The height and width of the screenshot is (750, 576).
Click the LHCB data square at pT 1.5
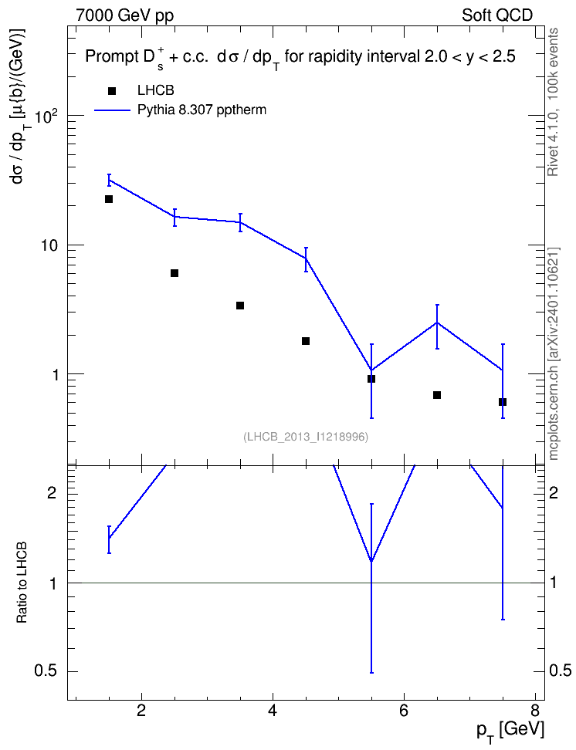[x=109, y=199]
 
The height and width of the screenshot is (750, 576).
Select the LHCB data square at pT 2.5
[x=174, y=273]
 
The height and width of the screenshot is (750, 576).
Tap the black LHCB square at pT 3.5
[x=240, y=306]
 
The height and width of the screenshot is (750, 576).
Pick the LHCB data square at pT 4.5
[x=306, y=341]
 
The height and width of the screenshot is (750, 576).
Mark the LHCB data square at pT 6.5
[x=437, y=395]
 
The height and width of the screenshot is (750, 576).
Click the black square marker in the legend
[x=112, y=91]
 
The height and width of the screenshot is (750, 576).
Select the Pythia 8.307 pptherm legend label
[x=202, y=110]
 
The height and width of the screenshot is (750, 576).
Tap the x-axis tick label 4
[x=273, y=711]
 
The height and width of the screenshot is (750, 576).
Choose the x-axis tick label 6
[x=404, y=711]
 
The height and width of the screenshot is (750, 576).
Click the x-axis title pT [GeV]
[x=510, y=731]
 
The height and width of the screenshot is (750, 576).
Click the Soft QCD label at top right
[x=497, y=15]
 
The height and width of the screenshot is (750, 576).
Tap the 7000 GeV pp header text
[x=124, y=15]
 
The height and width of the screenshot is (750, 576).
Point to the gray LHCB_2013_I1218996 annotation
[x=306, y=437]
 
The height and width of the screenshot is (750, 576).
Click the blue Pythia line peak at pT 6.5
[x=437, y=323]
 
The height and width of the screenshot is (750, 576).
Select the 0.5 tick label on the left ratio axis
[x=46, y=671]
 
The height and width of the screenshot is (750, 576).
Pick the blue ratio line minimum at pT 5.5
[x=371, y=561]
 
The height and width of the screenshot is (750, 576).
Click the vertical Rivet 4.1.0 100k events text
[x=553, y=102]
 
